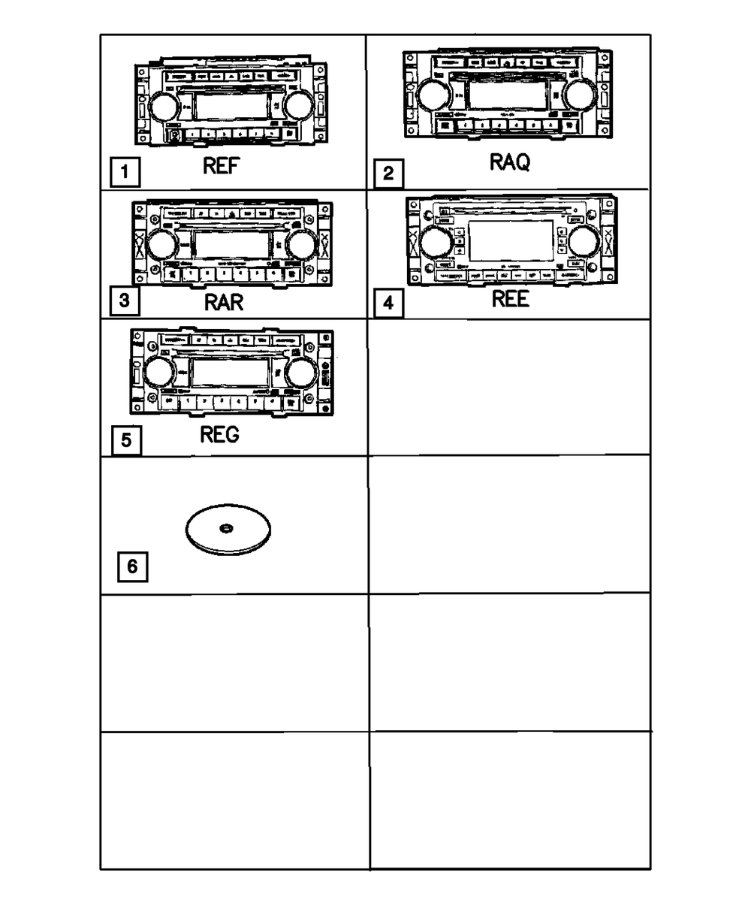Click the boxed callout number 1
pos(125,174)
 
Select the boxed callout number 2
pos(388,174)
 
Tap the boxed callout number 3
pos(125,301)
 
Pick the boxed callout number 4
pos(388,303)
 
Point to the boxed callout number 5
pos(126,439)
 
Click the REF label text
pos(221,167)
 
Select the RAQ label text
pos(509,161)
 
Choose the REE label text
pos(510,299)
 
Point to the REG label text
pos(219,435)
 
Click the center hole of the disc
pos(225,529)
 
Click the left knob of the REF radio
pos(163,107)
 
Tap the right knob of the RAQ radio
pos(581,95)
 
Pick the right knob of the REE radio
pos(583,242)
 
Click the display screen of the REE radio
pos(510,241)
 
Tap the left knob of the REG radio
pos(159,373)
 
